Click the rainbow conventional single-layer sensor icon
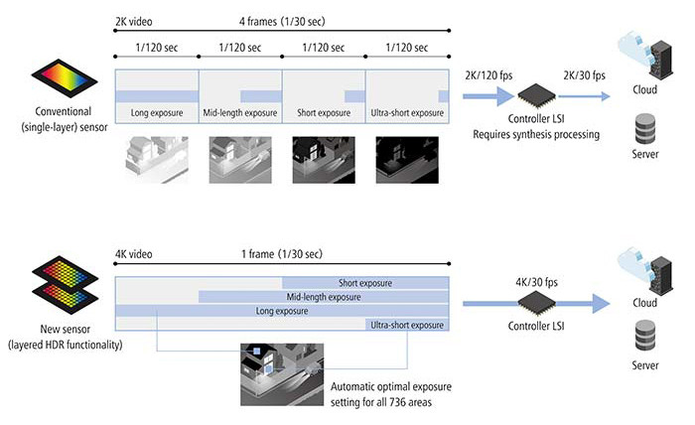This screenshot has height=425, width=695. [x=65, y=78]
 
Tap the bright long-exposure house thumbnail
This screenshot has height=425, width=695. [x=157, y=160]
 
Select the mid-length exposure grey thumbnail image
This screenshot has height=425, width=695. [x=240, y=160]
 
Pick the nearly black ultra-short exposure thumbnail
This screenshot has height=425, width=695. [x=407, y=160]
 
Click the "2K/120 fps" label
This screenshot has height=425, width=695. [x=488, y=75]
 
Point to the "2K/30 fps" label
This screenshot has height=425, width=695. [x=584, y=75]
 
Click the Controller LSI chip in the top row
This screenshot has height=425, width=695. [x=537, y=95]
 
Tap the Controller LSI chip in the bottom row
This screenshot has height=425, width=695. [x=537, y=304]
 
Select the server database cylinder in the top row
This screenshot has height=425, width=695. [x=645, y=128]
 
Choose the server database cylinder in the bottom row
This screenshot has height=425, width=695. [x=645, y=336]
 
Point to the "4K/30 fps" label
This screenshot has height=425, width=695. [x=536, y=282]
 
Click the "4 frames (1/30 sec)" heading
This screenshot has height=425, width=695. [x=282, y=21]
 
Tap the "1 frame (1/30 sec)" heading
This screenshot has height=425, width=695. [x=282, y=254]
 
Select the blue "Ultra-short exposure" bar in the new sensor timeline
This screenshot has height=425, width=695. [x=407, y=325]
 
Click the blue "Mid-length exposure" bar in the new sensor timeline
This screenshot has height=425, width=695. [x=324, y=297]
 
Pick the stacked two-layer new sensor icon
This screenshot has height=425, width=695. [x=65, y=285]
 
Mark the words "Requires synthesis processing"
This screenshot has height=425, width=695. [x=536, y=134]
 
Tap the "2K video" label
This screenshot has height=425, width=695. [x=134, y=21]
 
